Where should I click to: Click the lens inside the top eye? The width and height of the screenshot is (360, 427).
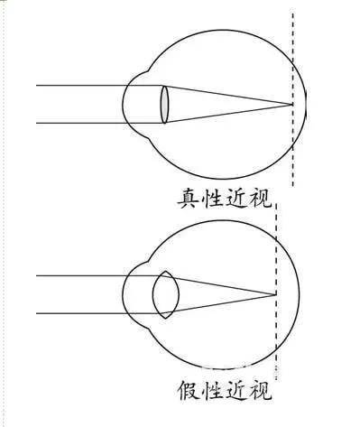(x=164, y=104)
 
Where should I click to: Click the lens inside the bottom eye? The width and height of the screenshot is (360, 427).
(x=163, y=293)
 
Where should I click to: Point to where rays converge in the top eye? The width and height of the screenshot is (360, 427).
(x=292, y=104)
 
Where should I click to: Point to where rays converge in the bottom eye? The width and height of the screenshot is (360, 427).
(x=274, y=293)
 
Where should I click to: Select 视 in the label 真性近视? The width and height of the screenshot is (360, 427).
(x=260, y=198)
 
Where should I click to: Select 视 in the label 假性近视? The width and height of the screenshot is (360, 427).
(x=261, y=392)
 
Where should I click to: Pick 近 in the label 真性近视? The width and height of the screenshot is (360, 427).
(x=236, y=198)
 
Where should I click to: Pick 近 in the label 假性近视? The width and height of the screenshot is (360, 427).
(x=237, y=392)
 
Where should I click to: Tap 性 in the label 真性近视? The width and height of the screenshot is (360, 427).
(x=213, y=198)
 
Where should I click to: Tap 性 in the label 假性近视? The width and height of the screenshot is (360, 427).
(x=214, y=392)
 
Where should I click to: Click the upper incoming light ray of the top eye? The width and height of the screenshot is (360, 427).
(x=81, y=86)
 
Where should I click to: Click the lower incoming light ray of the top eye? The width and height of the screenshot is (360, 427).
(x=81, y=122)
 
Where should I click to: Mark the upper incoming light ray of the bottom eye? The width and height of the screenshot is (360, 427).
(x=81, y=274)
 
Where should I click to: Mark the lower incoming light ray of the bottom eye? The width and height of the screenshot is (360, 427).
(x=81, y=312)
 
